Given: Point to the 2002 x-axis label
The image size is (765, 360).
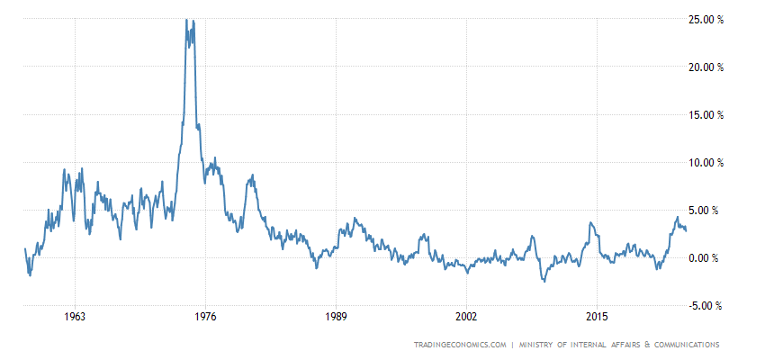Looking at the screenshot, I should (466, 317).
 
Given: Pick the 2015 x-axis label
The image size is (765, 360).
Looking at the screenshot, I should (597, 317).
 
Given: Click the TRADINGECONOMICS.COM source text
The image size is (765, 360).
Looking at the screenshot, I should (460, 345).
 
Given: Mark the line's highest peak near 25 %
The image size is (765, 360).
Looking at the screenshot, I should (186, 19).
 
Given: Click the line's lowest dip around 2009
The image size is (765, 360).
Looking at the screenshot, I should (544, 282).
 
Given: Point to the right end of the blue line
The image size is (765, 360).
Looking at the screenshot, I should (687, 230).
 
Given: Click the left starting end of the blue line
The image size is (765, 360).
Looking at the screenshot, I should (24, 248).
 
